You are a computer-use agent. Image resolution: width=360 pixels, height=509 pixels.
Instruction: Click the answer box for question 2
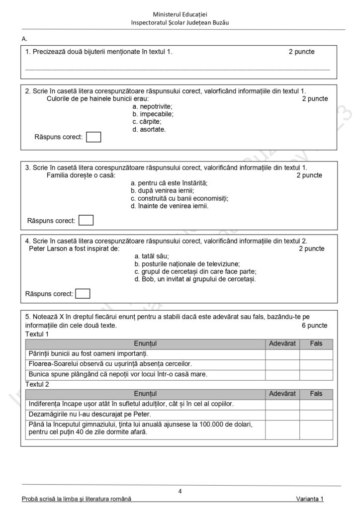tap(93, 137)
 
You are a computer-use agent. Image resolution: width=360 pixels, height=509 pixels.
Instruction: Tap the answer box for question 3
tap(86, 220)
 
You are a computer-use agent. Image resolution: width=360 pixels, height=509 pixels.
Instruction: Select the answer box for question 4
tap(83, 294)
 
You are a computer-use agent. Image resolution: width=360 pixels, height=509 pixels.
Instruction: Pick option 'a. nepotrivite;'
tap(153, 106)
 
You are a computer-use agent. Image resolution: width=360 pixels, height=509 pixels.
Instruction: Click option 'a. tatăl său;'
tap(152, 256)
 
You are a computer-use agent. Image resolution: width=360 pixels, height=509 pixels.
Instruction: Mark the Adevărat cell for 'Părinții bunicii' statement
tap(282, 354)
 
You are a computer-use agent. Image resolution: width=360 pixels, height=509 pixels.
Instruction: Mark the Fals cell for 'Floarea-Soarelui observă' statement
tap(316, 364)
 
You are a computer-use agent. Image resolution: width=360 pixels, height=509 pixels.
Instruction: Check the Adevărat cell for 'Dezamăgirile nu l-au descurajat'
tap(282, 414)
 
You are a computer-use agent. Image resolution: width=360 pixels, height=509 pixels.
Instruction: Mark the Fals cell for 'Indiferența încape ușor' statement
tap(316, 404)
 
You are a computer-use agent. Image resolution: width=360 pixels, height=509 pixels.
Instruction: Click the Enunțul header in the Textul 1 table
tap(145, 343)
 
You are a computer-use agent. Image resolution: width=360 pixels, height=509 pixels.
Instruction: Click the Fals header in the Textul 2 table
tap(316, 394)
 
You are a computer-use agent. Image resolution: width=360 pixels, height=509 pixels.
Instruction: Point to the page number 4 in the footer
tap(180, 492)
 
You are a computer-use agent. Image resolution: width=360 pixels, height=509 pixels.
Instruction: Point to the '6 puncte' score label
tap(314, 326)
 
